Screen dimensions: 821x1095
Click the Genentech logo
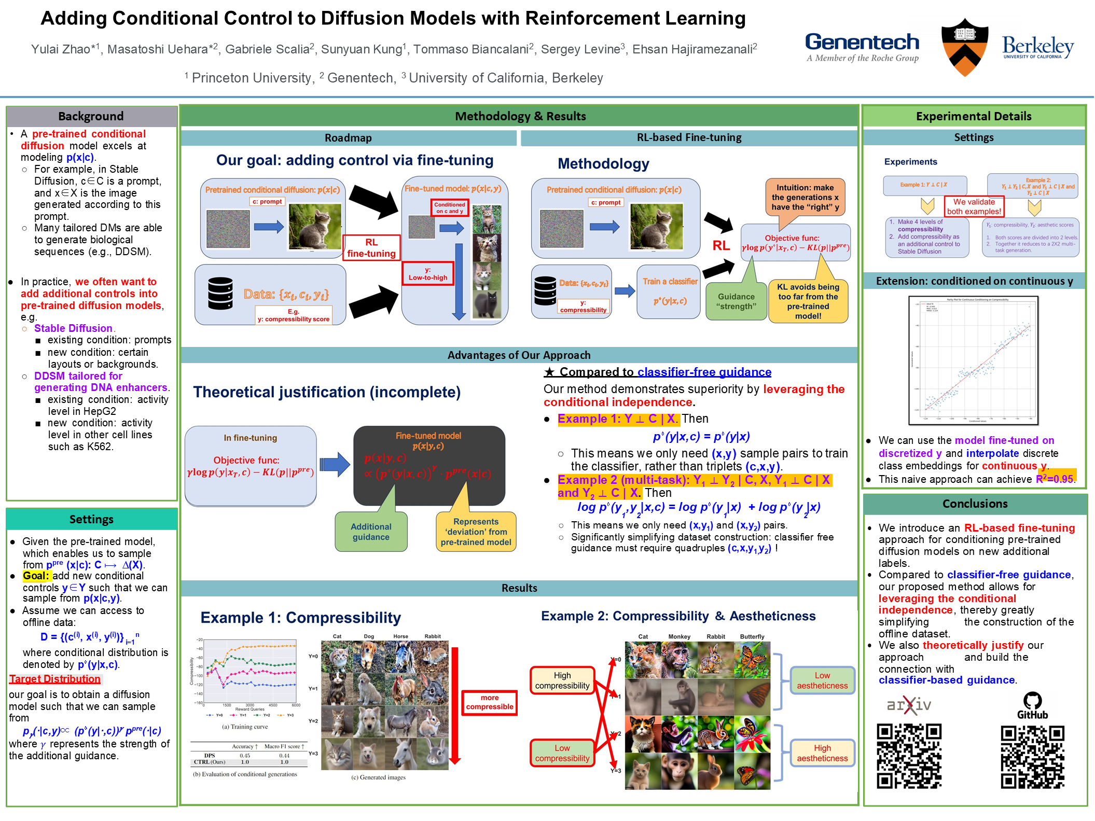[862, 47]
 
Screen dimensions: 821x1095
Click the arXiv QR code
[909, 756]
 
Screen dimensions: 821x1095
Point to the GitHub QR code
[1032, 757]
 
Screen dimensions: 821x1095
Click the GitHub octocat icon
[1032, 701]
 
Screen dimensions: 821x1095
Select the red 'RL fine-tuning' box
[371, 248]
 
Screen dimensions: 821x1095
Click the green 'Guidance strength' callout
[736, 301]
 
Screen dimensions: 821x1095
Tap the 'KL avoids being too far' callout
[808, 301]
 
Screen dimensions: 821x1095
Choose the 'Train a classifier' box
[670, 291]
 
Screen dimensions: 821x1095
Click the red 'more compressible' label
[489, 702]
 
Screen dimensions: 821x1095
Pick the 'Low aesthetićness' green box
[822, 680]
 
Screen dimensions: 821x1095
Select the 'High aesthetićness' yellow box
[822, 753]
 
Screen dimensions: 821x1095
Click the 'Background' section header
[91, 116]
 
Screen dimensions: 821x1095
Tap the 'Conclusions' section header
[975, 504]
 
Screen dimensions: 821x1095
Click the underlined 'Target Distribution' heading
[55, 679]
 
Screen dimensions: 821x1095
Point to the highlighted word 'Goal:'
[36, 576]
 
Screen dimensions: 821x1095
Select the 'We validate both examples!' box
[974, 206]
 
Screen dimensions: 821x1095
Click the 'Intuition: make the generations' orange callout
[805, 198]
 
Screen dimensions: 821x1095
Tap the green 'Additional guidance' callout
[371, 532]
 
